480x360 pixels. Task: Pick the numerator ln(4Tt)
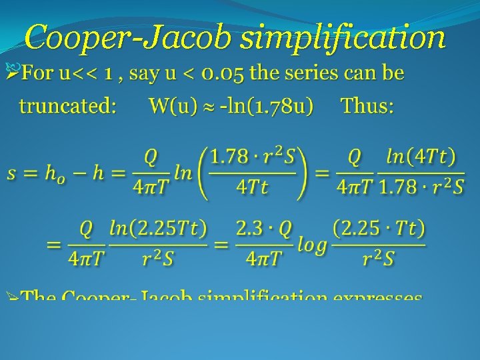421,159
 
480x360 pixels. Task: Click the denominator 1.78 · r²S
421,189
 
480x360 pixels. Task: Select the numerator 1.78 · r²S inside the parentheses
252,159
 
